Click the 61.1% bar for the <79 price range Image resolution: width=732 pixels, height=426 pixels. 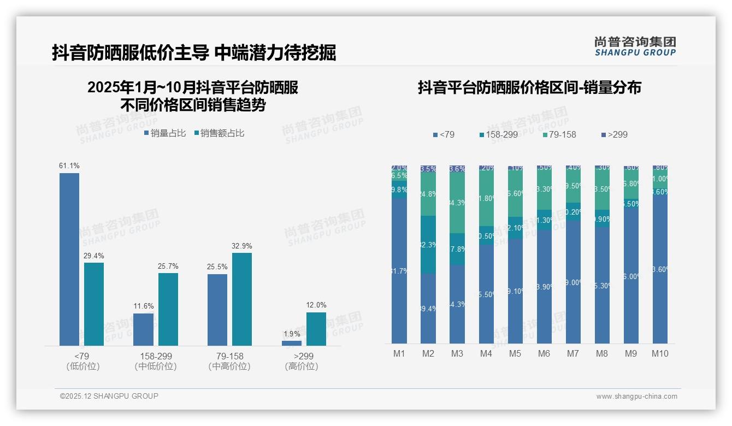tap(69, 259)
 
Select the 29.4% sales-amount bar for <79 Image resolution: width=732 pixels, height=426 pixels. tap(94, 304)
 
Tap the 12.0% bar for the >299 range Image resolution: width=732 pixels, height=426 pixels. tap(316, 329)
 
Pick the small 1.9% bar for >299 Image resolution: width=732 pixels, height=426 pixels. tap(292, 343)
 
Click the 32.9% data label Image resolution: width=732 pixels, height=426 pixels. tap(241, 246)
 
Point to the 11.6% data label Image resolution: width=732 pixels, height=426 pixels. tap(144, 306)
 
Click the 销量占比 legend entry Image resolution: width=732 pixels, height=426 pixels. tap(165, 133)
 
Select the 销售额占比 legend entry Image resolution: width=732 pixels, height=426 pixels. tap(219, 133)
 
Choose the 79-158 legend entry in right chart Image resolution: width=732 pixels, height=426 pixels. tap(559, 134)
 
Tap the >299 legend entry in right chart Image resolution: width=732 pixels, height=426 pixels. tap(614, 134)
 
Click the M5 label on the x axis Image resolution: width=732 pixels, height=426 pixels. tap(515, 353)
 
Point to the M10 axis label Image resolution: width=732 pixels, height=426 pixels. tap(660, 353)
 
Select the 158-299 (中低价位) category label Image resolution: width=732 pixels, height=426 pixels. tap(156, 362)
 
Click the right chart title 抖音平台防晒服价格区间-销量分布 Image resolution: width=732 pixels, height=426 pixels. tap(529, 87)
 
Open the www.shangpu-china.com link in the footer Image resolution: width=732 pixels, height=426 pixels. tap(636, 397)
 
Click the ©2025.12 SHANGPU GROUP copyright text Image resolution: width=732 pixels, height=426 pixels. tap(109, 396)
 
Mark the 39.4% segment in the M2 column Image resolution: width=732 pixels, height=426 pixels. tap(428, 309)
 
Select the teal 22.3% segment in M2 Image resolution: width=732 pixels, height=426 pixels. tap(428, 245)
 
